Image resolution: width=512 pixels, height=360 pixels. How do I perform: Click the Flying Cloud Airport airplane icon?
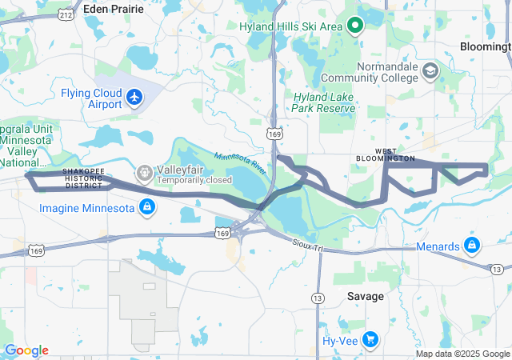[x=134, y=98]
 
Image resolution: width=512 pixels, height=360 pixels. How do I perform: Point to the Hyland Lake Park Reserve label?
[x=323, y=102]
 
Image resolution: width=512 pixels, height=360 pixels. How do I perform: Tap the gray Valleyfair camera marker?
[x=144, y=170]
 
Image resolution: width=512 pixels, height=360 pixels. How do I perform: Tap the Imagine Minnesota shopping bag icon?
[x=146, y=209]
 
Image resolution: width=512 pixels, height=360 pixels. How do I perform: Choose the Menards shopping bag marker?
[x=471, y=246]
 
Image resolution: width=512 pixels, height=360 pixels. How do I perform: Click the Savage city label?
[x=365, y=296]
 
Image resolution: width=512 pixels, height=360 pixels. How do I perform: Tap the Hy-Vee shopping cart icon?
[x=369, y=340]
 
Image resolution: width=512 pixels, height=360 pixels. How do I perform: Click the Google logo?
[x=26, y=350]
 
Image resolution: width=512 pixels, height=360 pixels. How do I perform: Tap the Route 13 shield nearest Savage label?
[x=318, y=298]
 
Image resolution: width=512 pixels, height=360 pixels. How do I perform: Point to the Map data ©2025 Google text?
[x=462, y=354]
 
